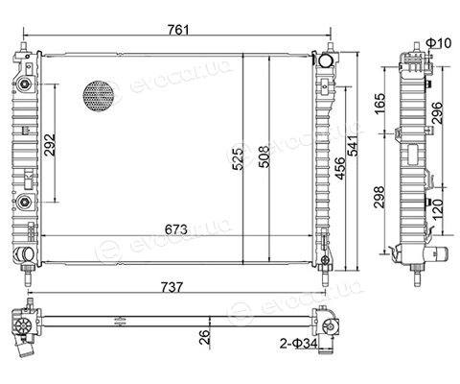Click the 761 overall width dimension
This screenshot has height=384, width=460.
click(x=178, y=30)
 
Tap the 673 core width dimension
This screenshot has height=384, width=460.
click(x=175, y=229)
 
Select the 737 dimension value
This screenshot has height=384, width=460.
click(x=172, y=287)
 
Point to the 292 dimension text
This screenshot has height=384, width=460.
click(x=50, y=145)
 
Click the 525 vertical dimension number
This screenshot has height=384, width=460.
click(x=238, y=159)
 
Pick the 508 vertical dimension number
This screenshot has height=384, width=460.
click(x=264, y=157)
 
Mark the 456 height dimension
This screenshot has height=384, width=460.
click(x=340, y=168)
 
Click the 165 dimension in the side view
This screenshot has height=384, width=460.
click(x=379, y=104)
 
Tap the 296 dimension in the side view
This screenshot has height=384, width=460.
click(x=437, y=113)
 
